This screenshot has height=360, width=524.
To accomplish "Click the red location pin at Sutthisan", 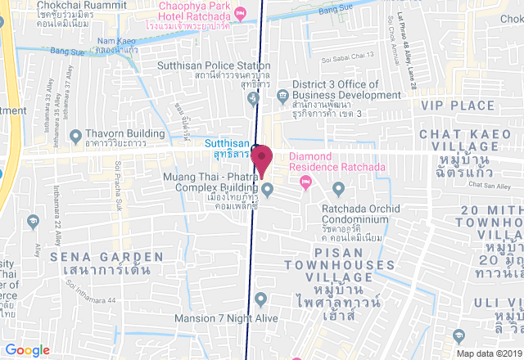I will tap(262, 158).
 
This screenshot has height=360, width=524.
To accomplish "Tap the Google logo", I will tap(27, 349).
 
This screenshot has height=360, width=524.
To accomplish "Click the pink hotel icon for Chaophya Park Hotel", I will tap(239, 13).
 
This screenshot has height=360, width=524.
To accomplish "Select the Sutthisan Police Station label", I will tap(216, 65).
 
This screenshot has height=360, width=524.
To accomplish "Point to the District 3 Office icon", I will tap(282, 95).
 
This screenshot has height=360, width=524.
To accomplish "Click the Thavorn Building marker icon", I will tap(76, 135).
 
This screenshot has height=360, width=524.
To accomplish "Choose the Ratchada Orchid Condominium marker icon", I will tap(338, 191).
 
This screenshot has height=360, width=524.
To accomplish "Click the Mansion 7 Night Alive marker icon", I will tap(260, 298).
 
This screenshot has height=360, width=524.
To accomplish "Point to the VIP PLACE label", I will tap(458, 106).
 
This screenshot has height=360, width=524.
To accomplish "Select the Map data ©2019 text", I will tap(489, 353).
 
